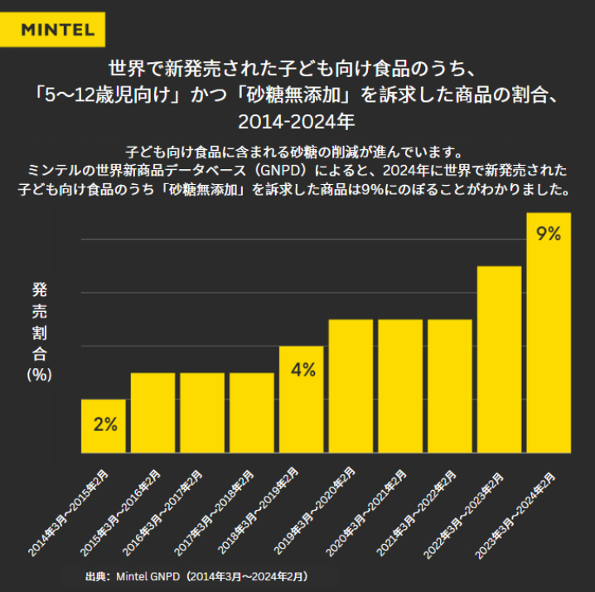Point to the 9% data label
click(549, 234)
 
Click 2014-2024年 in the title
click(297, 121)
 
